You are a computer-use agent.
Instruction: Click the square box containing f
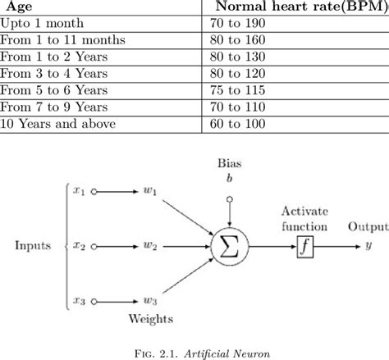(305, 245)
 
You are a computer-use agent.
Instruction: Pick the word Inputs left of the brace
(31, 245)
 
